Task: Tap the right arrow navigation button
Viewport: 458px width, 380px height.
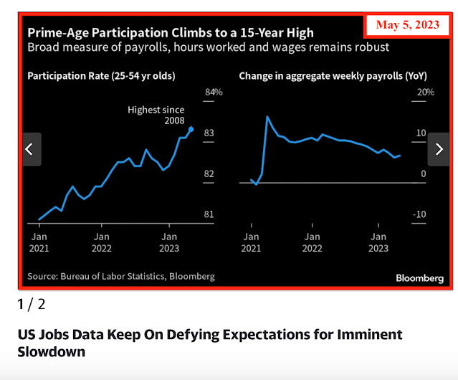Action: point(438,149)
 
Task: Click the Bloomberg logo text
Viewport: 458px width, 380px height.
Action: point(419,277)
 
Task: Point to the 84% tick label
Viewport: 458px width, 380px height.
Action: point(214,92)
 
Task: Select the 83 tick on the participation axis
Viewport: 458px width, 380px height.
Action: point(210,133)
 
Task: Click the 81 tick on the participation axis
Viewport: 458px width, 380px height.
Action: point(210,214)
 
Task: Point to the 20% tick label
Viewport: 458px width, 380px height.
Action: point(426,92)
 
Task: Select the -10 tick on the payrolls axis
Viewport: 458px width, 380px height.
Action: point(421,214)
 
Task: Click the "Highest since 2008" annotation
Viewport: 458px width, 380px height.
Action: point(156,115)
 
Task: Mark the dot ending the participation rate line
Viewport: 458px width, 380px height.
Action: point(191,129)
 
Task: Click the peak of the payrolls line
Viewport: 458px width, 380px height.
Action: point(267,116)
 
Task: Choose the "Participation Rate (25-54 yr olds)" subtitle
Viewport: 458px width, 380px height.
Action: point(101,75)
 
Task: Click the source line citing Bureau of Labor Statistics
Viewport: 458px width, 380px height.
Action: point(120,276)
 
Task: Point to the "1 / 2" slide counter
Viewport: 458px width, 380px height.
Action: point(31,304)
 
